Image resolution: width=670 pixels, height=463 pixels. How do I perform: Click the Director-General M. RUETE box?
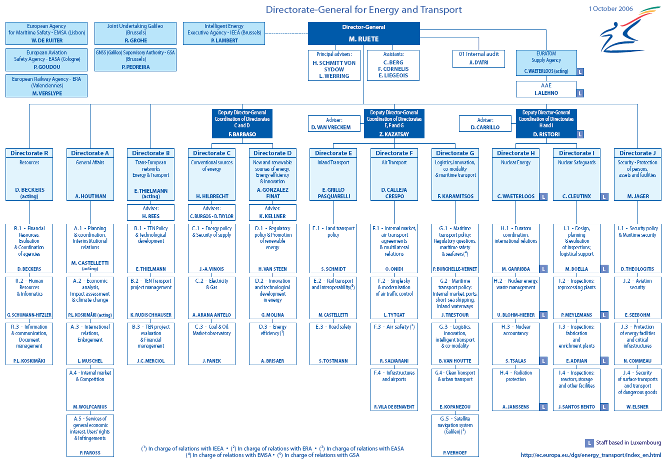(363, 33)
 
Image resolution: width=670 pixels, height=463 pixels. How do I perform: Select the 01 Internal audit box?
(478, 58)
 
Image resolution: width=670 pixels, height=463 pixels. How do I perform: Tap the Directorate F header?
(394, 153)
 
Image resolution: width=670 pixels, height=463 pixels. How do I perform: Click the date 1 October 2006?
(610, 8)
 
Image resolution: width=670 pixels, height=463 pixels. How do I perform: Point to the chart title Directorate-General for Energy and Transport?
(363, 9)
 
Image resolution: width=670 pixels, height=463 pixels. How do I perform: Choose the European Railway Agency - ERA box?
(46, 86)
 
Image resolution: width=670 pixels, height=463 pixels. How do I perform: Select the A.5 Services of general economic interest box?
(90, 435)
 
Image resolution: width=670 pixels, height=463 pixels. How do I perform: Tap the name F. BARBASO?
(242, 134)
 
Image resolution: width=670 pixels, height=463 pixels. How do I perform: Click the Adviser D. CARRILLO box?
(485, 123)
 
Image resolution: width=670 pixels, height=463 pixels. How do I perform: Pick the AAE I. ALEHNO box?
(546, 89)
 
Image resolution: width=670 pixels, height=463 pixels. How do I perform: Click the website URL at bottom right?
(590, 455)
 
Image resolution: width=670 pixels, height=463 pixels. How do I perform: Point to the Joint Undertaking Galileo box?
(135, 33)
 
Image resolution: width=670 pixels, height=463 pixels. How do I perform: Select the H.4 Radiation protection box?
(515, 390)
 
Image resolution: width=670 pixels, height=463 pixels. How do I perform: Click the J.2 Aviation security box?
(637, 298)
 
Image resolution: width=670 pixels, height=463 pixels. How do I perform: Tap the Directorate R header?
(29, 153)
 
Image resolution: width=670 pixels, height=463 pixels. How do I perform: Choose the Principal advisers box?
(333, 65)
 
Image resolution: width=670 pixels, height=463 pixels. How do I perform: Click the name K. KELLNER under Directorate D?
(272, 216)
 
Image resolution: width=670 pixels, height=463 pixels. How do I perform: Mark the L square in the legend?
(589, 443)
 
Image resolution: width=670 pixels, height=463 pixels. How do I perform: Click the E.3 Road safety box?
(333, 344)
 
